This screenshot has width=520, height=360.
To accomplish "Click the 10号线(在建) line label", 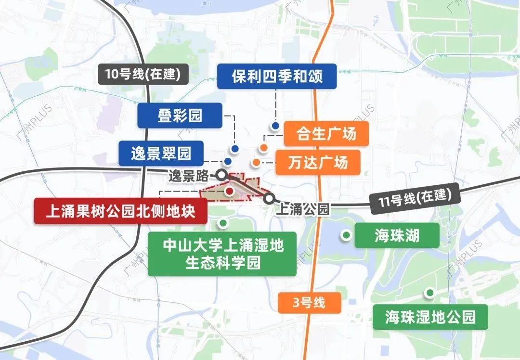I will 140,74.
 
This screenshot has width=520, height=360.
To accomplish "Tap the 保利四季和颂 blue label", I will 276,76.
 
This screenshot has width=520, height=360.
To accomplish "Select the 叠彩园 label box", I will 180,116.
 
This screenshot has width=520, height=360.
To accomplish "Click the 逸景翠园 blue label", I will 161,154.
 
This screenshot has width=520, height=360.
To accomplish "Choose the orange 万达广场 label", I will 318,162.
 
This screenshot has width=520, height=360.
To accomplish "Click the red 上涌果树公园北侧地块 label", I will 120,211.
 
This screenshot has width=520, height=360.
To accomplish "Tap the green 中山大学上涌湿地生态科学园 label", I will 222,254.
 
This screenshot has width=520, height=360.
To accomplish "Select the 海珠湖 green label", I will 390,235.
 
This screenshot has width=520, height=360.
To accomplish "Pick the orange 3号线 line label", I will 309,303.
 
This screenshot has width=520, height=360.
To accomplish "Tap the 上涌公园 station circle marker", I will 270,198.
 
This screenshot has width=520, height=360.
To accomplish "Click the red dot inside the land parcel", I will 230,192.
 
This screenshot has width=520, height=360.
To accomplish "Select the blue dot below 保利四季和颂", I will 275,126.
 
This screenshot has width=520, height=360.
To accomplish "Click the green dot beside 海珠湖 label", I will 346,235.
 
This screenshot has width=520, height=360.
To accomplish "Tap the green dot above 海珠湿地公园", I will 429,292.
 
